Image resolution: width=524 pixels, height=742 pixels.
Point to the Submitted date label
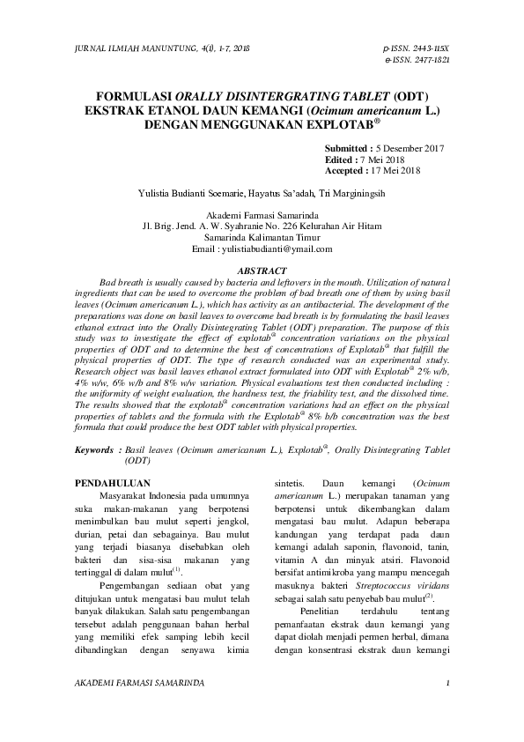[x=348, y=150]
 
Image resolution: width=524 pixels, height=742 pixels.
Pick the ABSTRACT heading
[x=262, y=271]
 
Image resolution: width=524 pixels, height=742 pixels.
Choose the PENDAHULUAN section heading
[x=114, y=483]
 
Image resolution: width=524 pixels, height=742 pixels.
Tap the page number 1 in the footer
[x=448, y=683]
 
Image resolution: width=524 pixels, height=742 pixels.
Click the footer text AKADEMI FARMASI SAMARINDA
[x=140, y=683]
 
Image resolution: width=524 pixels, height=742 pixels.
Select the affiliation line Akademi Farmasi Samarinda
[x=262, y=215]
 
